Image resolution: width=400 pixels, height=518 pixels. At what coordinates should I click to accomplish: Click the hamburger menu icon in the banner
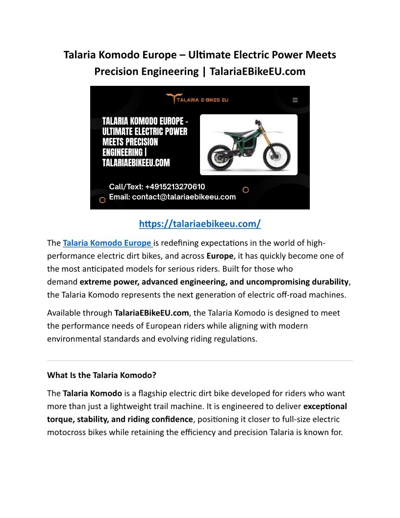click(295, 100)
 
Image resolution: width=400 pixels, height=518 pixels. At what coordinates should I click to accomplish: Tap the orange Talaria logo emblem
click(174, 99)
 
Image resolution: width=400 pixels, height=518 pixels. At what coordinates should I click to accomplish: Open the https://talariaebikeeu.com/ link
click(200, 224)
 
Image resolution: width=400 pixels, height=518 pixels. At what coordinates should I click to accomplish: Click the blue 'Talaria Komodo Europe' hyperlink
click(107, 243)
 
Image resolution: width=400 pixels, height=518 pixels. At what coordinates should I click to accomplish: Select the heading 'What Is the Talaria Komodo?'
click(101, 375)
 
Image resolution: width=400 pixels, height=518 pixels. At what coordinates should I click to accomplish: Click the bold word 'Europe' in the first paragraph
click(220, 256)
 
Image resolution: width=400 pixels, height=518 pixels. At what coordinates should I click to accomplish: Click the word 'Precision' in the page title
click(118, 72)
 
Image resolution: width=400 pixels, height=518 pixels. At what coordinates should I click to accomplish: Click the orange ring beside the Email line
click(102, 200)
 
